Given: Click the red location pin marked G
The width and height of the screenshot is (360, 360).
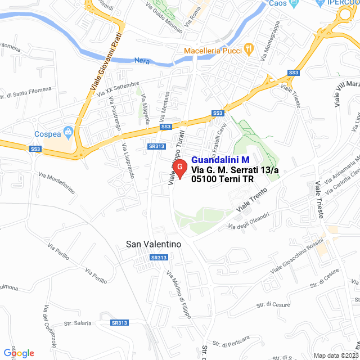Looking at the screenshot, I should pyautogui.click(x=179, y=168).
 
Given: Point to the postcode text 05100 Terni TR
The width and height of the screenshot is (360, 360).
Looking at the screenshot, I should pyautogui.click(x=222, y=179).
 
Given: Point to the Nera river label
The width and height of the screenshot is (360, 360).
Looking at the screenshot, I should pyautogui.click(x=142, y=60).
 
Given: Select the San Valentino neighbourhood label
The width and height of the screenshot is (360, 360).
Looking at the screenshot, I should pyautogui.click(x=154, y=244).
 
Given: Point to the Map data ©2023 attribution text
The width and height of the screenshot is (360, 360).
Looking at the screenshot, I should pyautogui.click(x=335, y=355).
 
